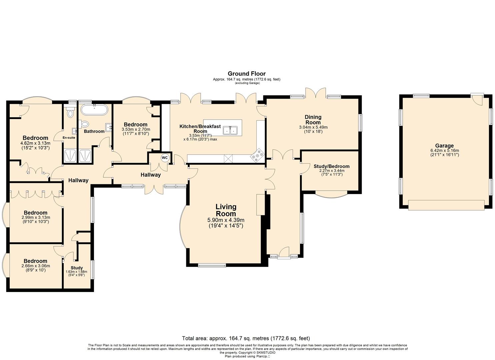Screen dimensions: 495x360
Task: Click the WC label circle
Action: [165, 158]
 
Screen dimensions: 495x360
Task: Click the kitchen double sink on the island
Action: [230, 130]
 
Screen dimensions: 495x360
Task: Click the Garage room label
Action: [444, 146]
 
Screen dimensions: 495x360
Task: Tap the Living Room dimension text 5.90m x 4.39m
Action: [226, 220]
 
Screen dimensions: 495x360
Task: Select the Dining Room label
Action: [313, 120]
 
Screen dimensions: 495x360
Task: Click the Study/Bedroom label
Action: [331, 166]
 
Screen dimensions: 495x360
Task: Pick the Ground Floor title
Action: [247, 74]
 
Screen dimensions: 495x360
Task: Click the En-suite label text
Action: [69, 137]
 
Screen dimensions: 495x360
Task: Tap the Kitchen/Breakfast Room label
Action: [200, 128]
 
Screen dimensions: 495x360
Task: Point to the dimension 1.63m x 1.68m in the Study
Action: [76, 272]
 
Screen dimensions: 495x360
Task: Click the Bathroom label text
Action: [94, 131]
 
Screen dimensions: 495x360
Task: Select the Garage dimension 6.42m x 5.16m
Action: [444, 150]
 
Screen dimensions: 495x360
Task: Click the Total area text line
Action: [246, 338]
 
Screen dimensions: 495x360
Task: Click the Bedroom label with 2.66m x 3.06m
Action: [35, 261]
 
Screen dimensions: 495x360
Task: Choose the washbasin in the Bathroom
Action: [109, 127]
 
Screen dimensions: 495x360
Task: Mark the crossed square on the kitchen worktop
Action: [228, 158]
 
